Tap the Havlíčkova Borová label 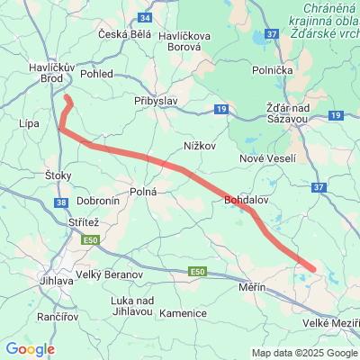[x=184, y=40]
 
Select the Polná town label [x=144, y=192]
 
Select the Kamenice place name [x=183, y=312]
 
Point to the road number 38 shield [x=60, y=203]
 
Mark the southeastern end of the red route [x=312, y=267]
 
